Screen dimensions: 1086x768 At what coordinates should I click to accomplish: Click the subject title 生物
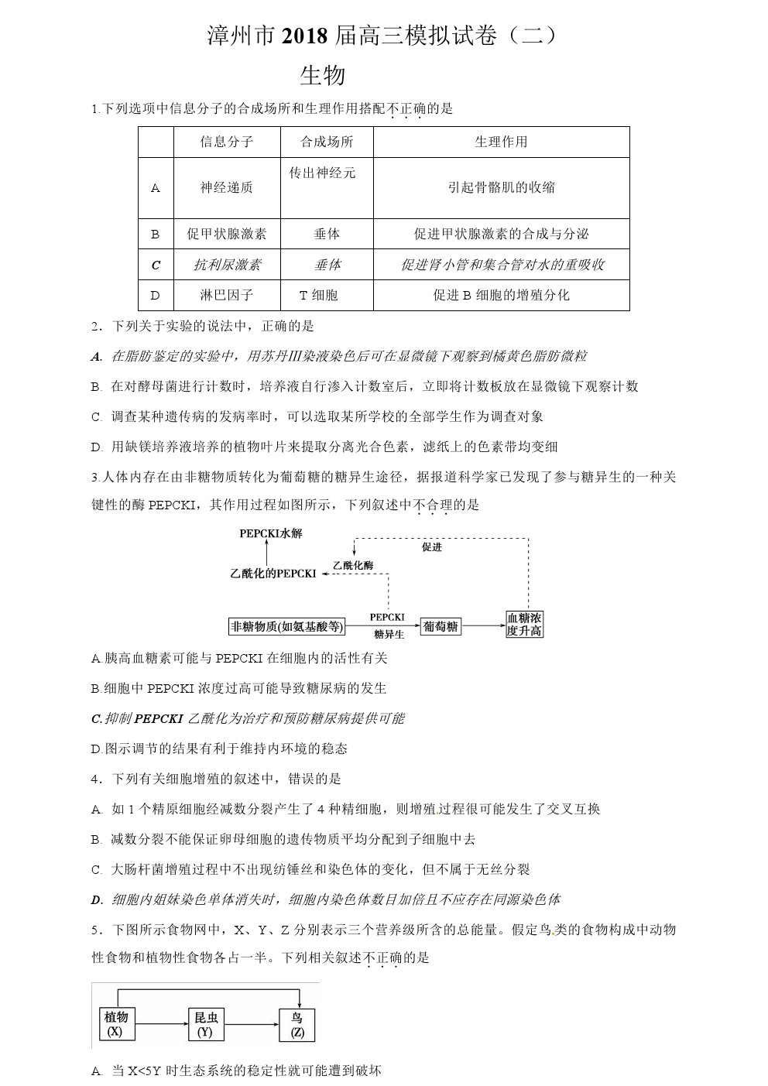(x=322, y=75)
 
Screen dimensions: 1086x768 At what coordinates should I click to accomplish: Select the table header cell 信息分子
(x=227, y=142)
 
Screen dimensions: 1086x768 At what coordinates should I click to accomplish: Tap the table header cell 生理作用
(x=501, y=142)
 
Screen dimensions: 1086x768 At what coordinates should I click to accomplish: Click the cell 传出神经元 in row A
(x=322, y=173)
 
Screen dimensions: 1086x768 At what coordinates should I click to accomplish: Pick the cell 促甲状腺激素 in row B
(x=227, y=234)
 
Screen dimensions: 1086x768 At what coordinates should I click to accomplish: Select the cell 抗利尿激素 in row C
(x=227, y=265)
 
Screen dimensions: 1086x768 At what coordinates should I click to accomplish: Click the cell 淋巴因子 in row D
(x=227, y=295)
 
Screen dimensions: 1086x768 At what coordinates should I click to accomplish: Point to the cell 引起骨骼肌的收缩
(x=501, y=187)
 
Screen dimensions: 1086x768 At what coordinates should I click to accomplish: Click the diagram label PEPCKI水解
(x=270, y=533)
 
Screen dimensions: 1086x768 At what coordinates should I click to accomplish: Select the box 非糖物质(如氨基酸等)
(x=286, y=626)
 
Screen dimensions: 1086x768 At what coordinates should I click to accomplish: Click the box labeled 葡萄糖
(x=441, y=626)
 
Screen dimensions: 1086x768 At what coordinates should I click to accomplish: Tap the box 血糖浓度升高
(x=524, y=624)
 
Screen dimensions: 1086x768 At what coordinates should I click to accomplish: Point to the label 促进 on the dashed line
(x=431, y=547)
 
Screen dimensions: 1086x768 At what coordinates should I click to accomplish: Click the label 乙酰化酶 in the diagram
(x=352, y=566)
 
